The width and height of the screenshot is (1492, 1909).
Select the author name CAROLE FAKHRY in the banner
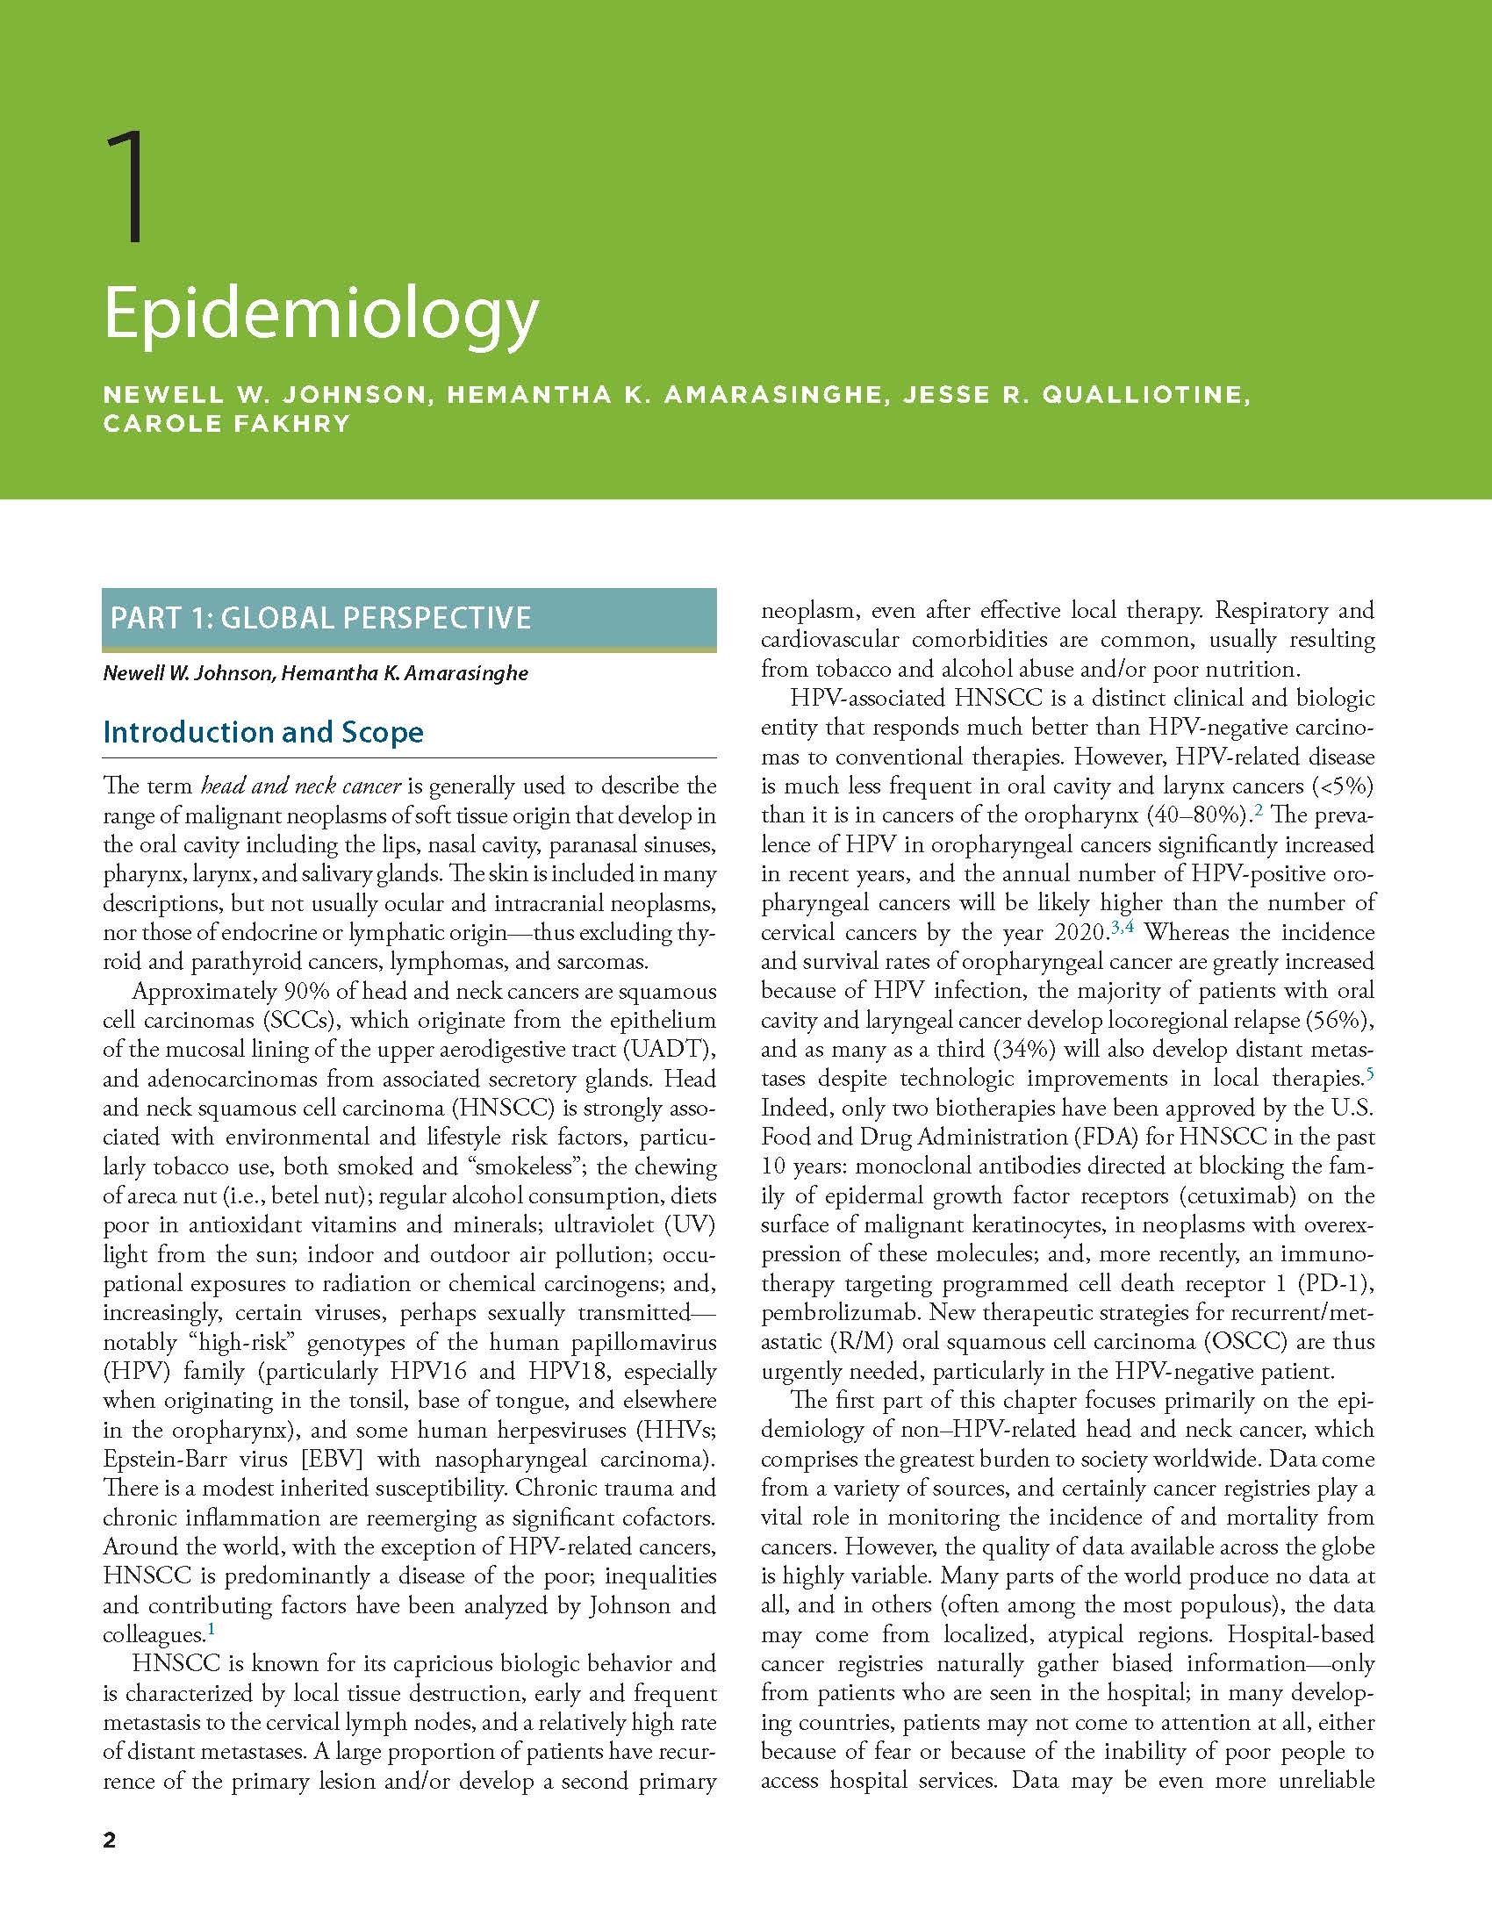click(226, 423)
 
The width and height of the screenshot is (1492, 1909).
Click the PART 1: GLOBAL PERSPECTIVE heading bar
click(409, 617)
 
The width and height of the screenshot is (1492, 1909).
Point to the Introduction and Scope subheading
click(263, 732)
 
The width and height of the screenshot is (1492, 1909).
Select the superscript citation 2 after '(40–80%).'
click(1258, 809)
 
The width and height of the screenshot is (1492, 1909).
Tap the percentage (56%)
click(1340, 1020)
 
